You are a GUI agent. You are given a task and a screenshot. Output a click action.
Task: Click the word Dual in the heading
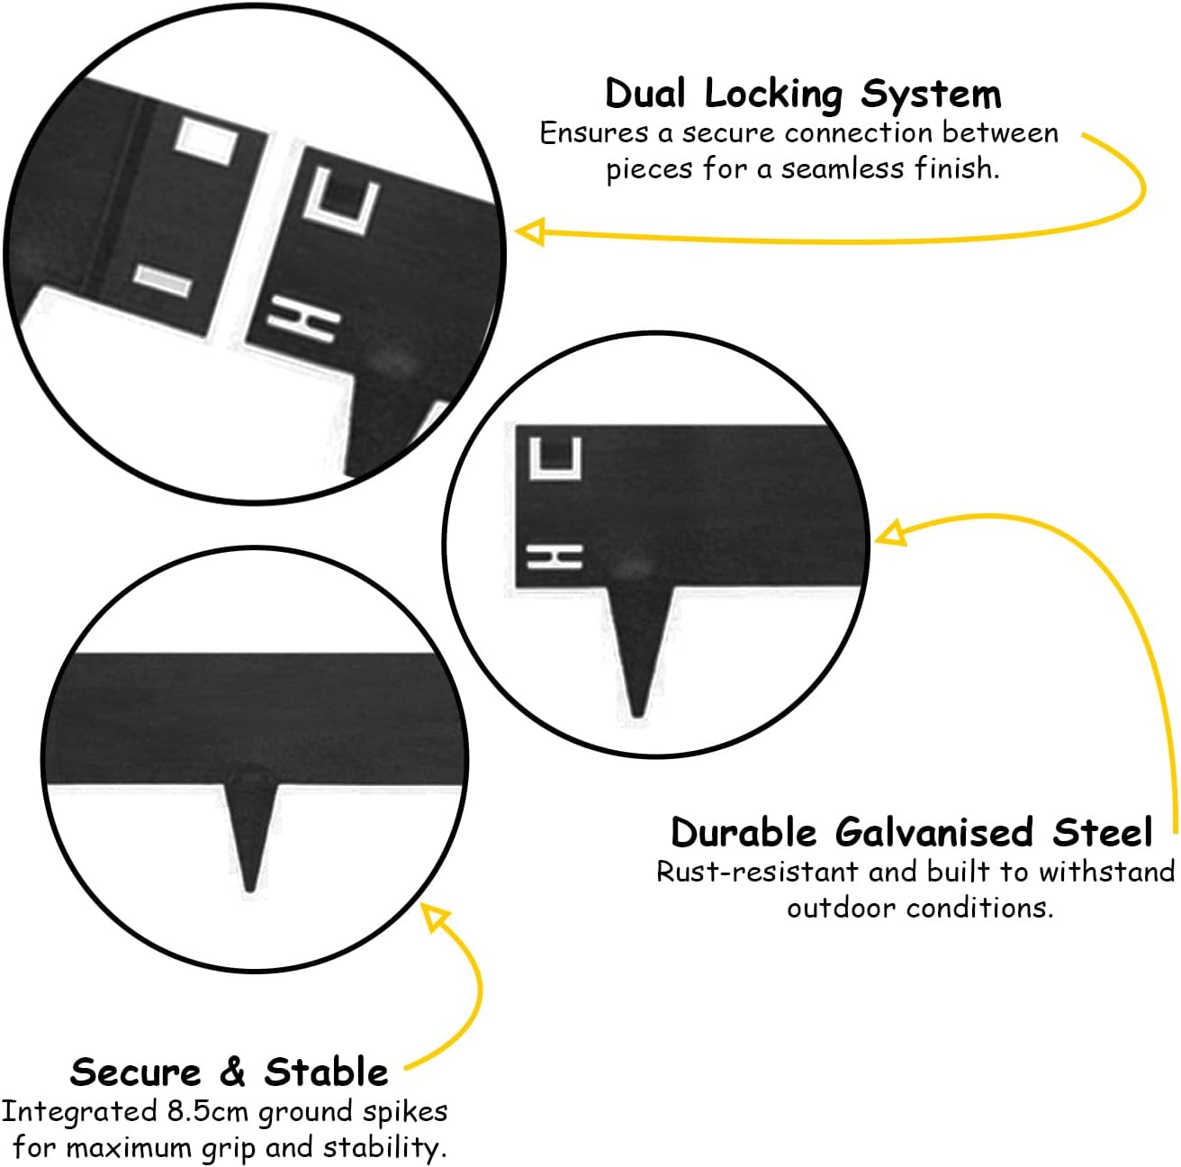pyautogui.click(x=645, y=95)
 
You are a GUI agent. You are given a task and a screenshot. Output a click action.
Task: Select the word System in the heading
pyautogui.click(x=931, y=96)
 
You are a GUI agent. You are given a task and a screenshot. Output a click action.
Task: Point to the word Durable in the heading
pyautogui.click(x=744, y=832)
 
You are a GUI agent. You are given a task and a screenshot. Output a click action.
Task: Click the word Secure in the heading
pyautogui.click(x=135, y=1072)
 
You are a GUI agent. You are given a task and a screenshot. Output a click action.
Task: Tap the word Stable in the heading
pyautogui.click(x=326, y=1072)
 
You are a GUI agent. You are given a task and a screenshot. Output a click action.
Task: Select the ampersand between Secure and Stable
pyautogui.click(x=232, y=1072)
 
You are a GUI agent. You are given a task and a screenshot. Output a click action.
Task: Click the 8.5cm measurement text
pyautogui.click(x=207, y=1111)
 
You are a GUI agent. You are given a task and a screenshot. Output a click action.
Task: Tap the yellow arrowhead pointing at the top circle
pyautogui.click(x=529, y=231)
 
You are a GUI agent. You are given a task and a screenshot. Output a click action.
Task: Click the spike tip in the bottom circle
pyautogui.click(x=250, y=889)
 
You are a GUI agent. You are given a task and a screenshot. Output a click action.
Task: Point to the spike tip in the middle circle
pyautogui.click(x=637, y=714)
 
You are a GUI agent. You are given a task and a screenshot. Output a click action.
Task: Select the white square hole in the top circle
pyautogui.click(x=206, y=141)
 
